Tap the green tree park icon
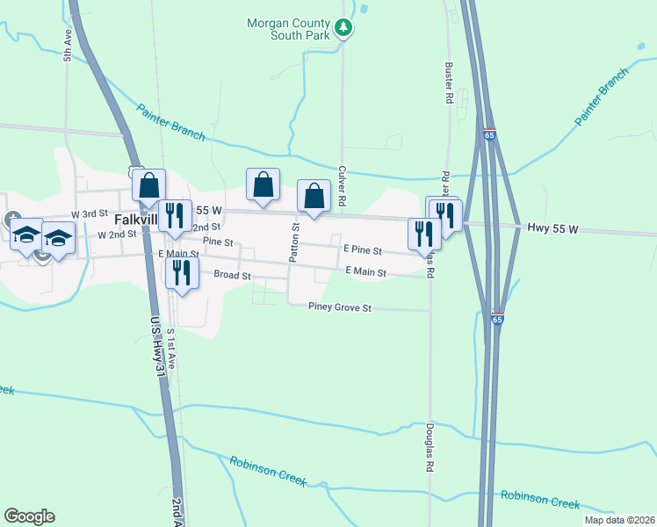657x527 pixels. [343, 29]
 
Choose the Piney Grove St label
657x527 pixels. [341, 307]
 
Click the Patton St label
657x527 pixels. [296, 241]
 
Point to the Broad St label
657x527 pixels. [233, 275]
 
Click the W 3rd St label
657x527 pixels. [90, 213]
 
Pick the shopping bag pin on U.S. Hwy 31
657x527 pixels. [149, 185]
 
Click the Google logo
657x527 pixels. [29, 516]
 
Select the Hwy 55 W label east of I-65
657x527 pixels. [552, 228]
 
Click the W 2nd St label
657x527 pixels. [118, 235]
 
